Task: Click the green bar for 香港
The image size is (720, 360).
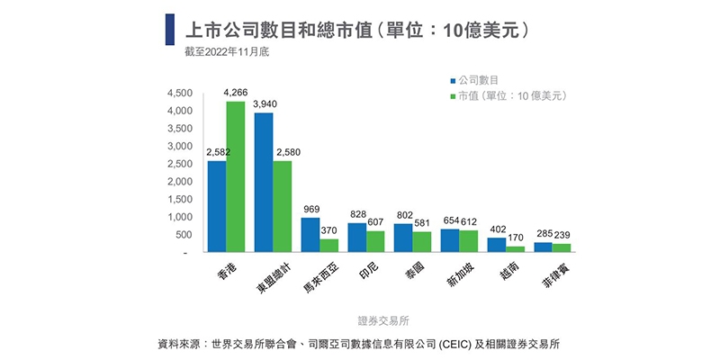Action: pos(235,176)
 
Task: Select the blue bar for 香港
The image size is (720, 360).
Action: pos(216,206)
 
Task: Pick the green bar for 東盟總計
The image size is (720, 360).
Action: pos(282,206)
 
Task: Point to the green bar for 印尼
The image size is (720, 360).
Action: pos(375,241)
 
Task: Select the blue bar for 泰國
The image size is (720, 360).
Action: pos(403,238)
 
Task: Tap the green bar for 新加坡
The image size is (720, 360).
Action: pos(469,241)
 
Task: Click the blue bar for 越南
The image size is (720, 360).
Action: pos(497,245)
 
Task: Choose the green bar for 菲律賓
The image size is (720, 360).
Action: pos(562,247)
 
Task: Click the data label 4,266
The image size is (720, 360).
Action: pos(235,93)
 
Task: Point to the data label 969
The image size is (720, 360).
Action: pos(310,210)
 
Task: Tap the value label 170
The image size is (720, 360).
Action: pos(517,238)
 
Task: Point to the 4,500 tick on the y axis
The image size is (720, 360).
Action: pos(180,94)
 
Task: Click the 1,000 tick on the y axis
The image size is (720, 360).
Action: pos(180,217)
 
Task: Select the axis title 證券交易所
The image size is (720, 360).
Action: pos(383,319)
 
